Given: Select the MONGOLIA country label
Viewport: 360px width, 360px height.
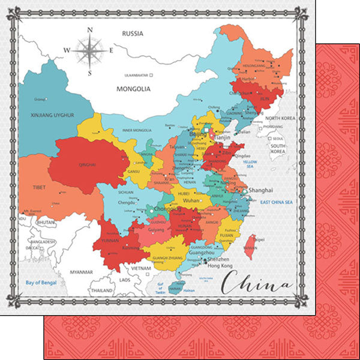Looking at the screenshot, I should [x=133, y=88].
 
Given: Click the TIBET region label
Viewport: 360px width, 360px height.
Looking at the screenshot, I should [x=40, y=187].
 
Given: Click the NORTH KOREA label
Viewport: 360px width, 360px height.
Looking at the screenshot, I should [x=281, y=119].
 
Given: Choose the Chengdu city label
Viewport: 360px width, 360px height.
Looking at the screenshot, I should [x=126, y=202].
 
